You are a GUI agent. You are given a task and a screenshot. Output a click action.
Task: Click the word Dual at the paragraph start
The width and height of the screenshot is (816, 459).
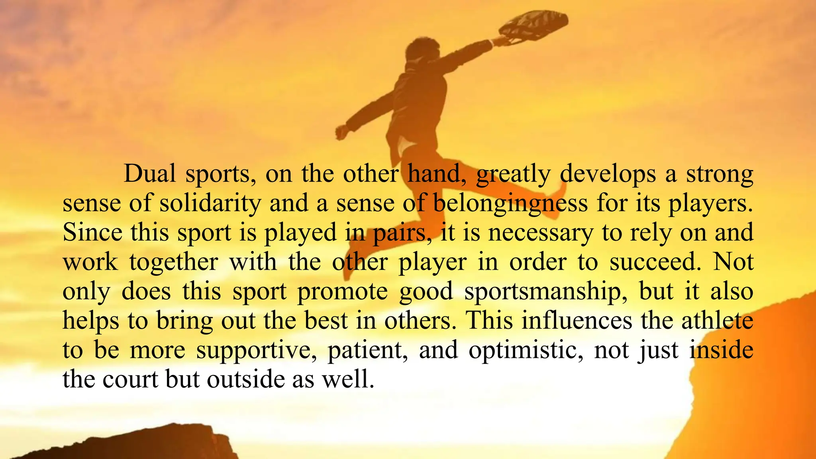pyautogui.click(x=149, y=174)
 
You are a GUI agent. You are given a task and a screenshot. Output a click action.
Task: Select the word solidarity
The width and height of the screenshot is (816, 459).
pyautogui.click(x=210, y=203)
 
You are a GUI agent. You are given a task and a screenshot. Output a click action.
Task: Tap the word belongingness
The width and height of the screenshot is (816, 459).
pyautogui.click(x=510, y=203)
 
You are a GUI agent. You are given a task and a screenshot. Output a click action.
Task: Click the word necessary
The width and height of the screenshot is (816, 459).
pyautogui.click(x=541, y=233)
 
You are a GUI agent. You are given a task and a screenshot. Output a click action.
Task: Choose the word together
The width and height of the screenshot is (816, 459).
pyautogui.click(x=173, y=262)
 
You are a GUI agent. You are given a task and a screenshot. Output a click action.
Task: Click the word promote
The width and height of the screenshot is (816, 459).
pyautogui.click(x=343, y=292)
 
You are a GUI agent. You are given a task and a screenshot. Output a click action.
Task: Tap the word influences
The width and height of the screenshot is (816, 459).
pyautogui.click(x=577, y=320)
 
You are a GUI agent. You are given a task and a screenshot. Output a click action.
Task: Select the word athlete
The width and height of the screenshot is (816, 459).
pyautogui.click(x=717, y=320)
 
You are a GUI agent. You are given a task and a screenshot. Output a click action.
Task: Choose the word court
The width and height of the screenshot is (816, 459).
pyautogui.click(x=130, y=379)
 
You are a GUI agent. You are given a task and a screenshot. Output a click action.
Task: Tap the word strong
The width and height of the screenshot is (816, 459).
pyautogui.click(x=720, y=175)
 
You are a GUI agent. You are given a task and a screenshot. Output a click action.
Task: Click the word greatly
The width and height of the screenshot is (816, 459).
pyautogui.click(x=513, y=175)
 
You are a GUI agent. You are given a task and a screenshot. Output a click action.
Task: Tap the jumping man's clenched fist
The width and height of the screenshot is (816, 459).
pyautogui.click(x=341, y=131)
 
